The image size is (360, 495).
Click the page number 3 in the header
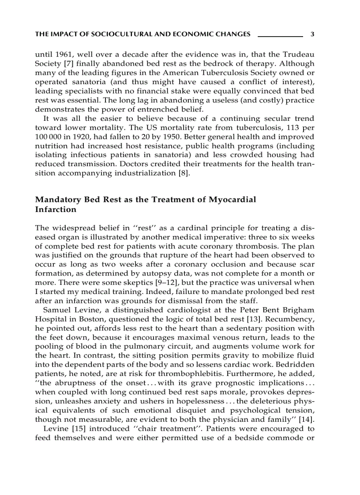pyautogui.click(x=312, y=34)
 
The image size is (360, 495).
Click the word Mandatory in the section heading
pyautogui.click(x=56, y=200)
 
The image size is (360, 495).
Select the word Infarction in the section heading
pyautogui.click(x=56, y=210)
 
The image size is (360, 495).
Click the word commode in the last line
pyautogui.click(x=287, y=439)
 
